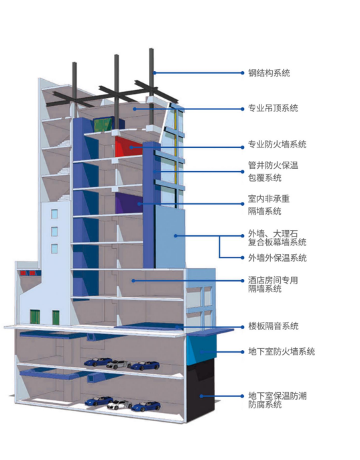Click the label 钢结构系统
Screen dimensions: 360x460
(x=269, y=72)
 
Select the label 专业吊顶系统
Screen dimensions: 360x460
(x=273, y=108)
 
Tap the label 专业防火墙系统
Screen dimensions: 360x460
(x=278, y=144)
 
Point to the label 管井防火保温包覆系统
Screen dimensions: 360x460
(x=273, y=172)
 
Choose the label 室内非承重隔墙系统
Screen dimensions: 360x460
(x=269, y=205)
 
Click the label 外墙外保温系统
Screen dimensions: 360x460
(x=278, y=258)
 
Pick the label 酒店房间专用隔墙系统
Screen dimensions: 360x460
(x=273, y=284)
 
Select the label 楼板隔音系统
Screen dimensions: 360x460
(x=273, y=326)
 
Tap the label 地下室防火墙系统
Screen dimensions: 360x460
(x=282, y=351)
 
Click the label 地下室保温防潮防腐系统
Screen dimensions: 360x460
(x=278, y=400)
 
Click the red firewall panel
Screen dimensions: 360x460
(x=129, y=147)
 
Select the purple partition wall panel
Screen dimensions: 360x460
(x=129, y=203)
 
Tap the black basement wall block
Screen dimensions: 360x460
(x=200, y=390)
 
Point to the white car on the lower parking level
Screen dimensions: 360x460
(x=119, y=404)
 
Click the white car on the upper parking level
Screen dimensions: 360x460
(x=119, y=364)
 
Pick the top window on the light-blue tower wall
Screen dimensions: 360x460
(x=54, y=214)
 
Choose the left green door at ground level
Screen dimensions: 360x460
(x=35, y=317)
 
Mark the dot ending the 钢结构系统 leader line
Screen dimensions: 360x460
(x=243, y=72)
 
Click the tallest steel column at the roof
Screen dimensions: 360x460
(x=152, y=87)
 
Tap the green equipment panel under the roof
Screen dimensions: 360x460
(x=103, y=125)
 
